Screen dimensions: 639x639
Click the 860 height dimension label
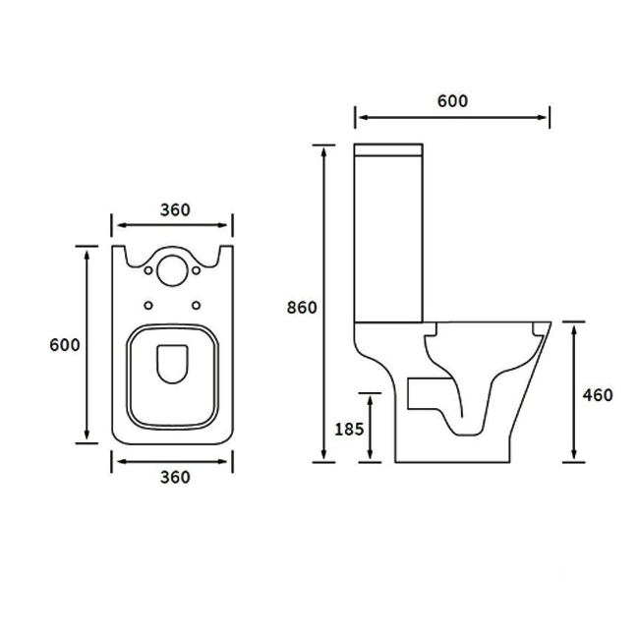(x=302, y=308)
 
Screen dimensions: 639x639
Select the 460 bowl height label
(x=597, y=395)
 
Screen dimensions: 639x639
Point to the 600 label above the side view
(x=452, y=100)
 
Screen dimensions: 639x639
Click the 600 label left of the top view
(x=64, y=345)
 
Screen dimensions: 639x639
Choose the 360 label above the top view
(x=174, y=209)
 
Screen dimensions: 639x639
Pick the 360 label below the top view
(x=174, y=478)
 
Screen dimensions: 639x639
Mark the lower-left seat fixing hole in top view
(x=150, y=303)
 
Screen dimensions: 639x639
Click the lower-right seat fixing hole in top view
(x=198, y=303)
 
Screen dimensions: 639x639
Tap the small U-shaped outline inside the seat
(x=173, y=362)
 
